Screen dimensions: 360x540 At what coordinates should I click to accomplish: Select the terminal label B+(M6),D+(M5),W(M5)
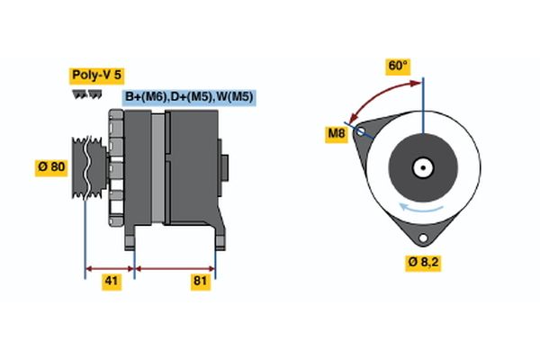coord(189,96)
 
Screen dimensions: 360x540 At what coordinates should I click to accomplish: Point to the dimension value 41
coord(111,282)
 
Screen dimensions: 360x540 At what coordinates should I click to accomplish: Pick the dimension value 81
coord(200,282)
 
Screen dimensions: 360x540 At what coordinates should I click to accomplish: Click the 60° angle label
coord(397,66)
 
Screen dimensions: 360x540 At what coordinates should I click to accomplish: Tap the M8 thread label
coord(336,135)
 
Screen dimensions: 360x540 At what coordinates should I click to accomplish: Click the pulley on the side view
coord(88,166)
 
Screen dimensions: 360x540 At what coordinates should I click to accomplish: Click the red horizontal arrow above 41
coord(109,267)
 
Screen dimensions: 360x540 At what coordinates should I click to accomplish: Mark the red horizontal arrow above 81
coord(175,267)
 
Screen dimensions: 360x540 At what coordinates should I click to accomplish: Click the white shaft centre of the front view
coord(421,166)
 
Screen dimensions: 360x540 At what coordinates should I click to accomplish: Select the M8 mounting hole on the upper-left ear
coord(362,131)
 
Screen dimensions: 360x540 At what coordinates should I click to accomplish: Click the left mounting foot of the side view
coord(132,238)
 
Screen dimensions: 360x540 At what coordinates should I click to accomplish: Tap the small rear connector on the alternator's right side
coord(225,167)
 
